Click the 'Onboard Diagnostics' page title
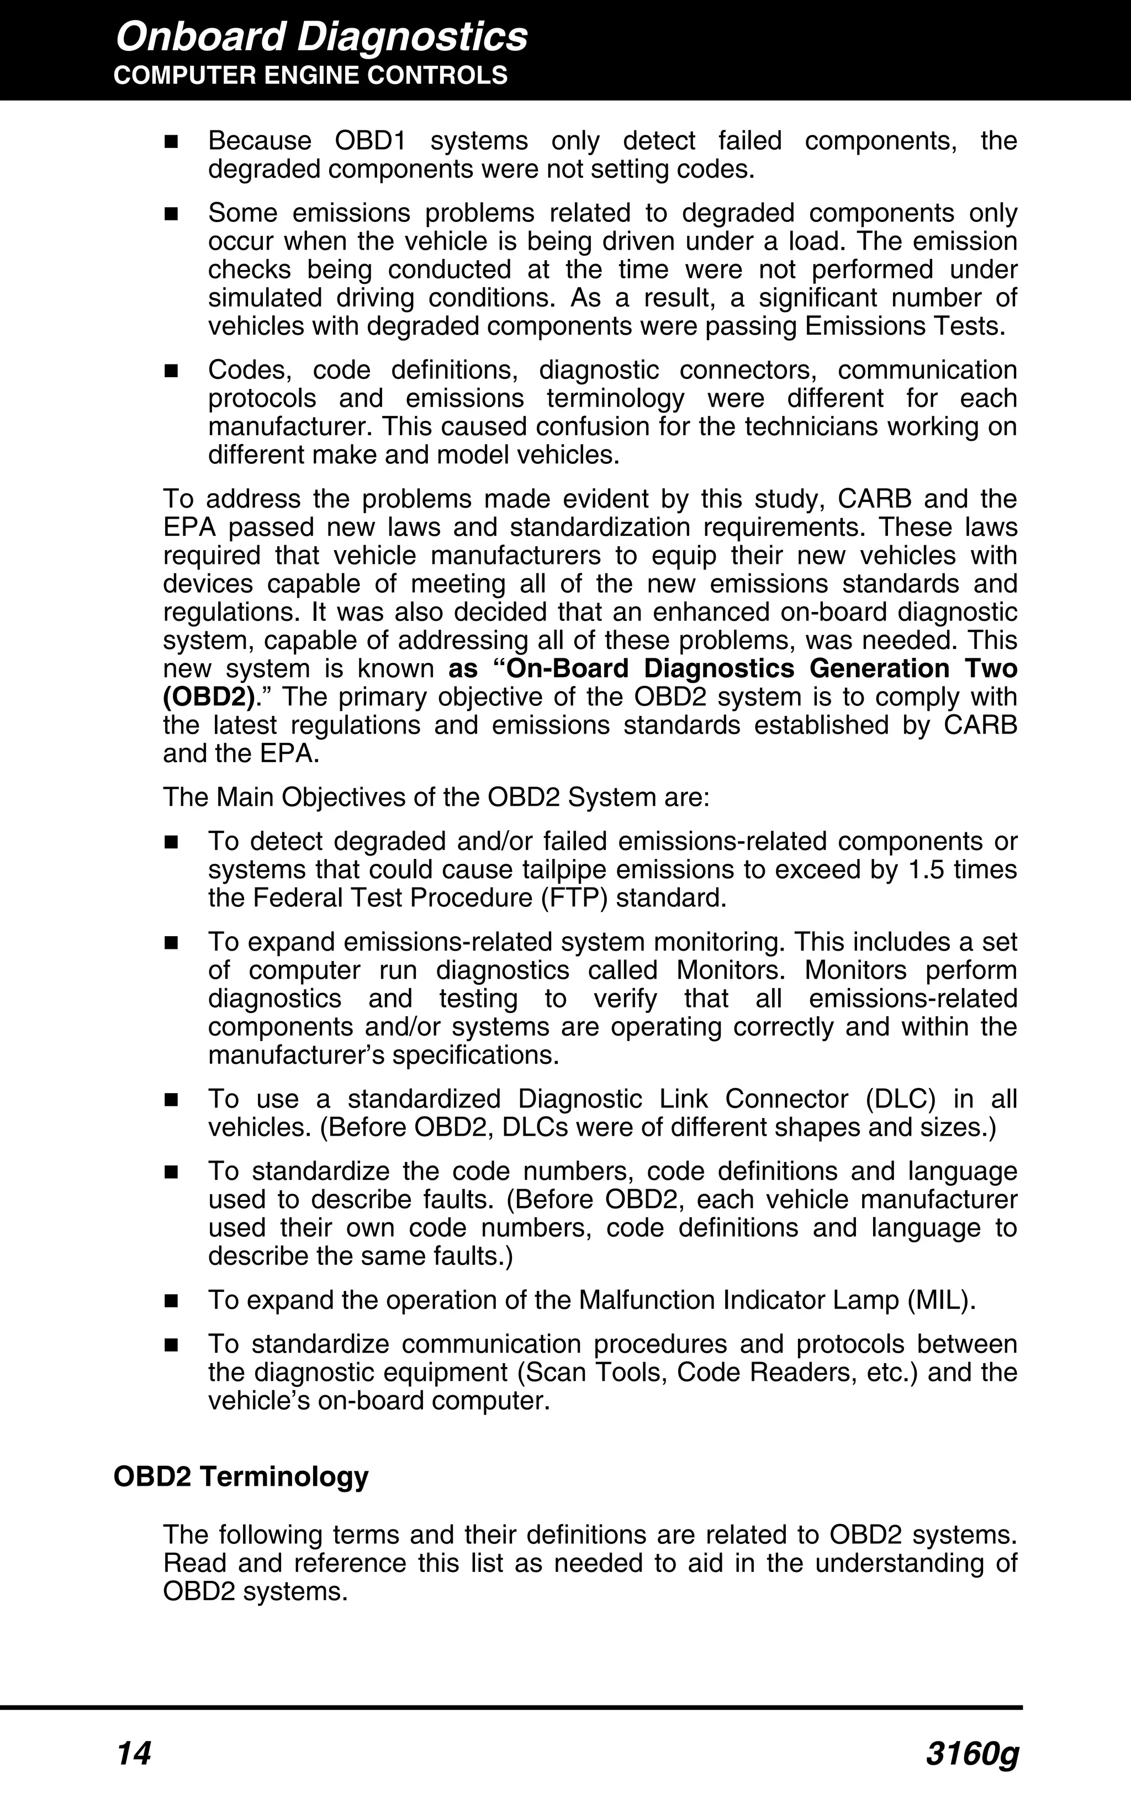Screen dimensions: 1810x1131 (x=321, y=38)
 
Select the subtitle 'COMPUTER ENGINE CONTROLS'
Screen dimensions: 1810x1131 (x=310, y=76)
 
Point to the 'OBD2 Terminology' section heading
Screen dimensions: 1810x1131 (x=241, y=1476)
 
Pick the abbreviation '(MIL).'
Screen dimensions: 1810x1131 (x=941, y=1300)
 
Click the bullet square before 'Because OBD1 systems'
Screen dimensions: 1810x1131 (x=171, y=141)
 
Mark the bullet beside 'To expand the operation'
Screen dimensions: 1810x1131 (x=171, y=1301)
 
